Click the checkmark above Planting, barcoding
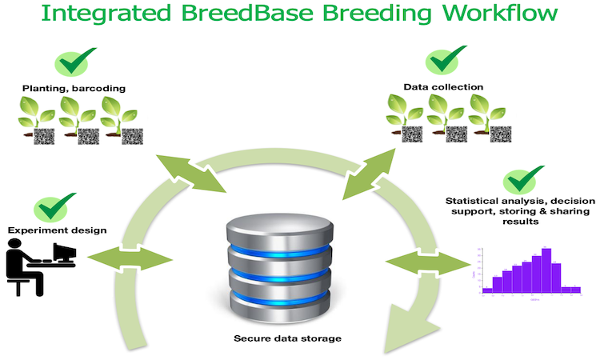pos(75,63)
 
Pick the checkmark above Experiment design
pos(55,208)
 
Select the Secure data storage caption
pos(287,338)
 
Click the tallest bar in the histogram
pos(546,268)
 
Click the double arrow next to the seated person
pos(130,258)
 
